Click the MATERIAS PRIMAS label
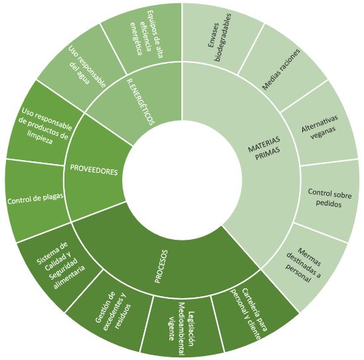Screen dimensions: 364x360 pyautogui.click(x=264, y=148)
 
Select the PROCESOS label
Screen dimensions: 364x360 pyautogui.click(x=161, y=266)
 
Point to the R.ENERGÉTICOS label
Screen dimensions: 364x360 pyautogui.click(x=141, y=102)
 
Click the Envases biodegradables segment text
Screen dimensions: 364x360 pyautogui.click(x=220, y=38)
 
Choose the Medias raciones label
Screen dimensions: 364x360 pyautogui.click(x=281, y=69)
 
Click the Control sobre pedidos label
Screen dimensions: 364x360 pyautogui.click(x=329, y=198)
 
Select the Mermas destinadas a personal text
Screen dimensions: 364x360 pyautogui.click(x=304, y=265)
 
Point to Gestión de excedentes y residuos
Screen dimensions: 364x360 pyautogui.click(x=113, y=311)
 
